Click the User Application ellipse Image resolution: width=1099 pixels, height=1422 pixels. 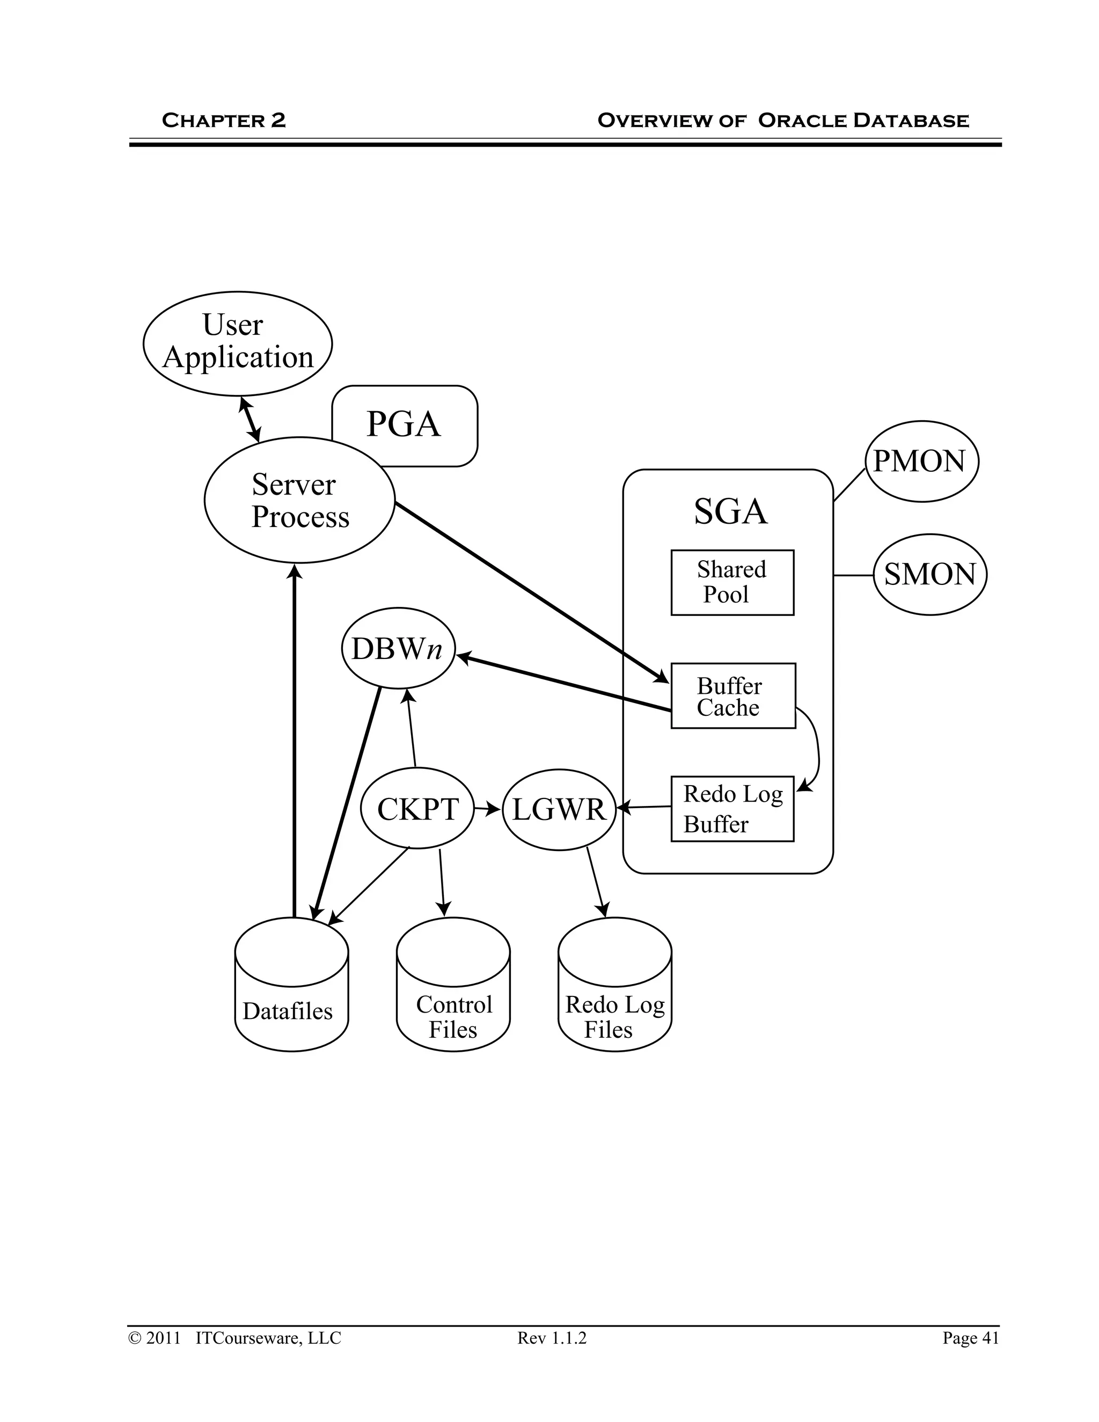coord(238,343)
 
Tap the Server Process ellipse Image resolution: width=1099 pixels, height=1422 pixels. coord(299,500)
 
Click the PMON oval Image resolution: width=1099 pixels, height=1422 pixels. coord(921,461)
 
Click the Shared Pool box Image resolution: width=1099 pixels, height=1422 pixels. coord(732,582)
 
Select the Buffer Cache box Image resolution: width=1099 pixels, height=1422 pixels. coord(732,695)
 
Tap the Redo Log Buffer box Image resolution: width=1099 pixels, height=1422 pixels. coord(732,809)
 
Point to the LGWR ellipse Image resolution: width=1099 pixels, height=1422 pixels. coord(559,809)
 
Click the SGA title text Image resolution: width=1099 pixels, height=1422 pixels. coord(730,511)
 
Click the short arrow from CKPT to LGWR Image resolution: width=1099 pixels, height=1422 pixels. coord(487,809)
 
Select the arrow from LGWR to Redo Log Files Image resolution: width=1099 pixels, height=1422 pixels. coord(596,882)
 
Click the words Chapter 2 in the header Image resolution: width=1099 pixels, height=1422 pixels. coord(223,120)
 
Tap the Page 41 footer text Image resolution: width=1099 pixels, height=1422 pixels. coord(970,1337)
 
